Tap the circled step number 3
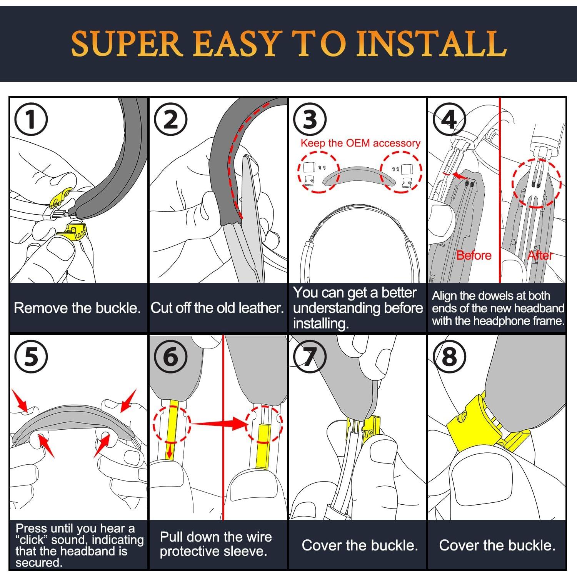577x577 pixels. [x=310, y=119]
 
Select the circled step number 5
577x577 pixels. [x=31, y=357]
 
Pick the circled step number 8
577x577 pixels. [x=449, y=357]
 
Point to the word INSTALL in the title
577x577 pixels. [x=432, y=43]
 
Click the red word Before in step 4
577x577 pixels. [x=474, y=255]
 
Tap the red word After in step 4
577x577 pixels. [x=540, y=255]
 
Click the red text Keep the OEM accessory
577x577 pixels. [x=360, y=143]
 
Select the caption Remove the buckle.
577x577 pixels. [x=77, y=308]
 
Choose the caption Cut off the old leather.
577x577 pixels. [x=217, y=308]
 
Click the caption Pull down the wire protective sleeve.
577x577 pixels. [x=216, y=544]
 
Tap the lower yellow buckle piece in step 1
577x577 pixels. [x=72, y=232]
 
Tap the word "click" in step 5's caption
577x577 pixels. [x=32, y=540]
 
